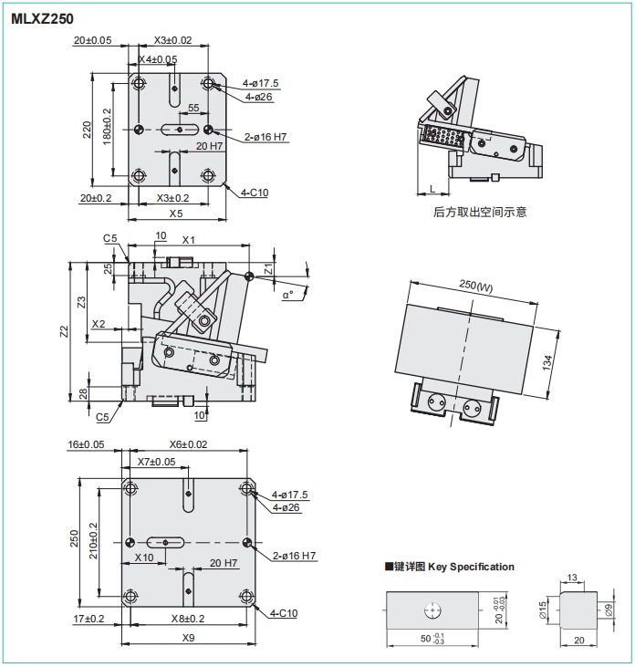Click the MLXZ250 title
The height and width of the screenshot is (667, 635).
click(42, 17)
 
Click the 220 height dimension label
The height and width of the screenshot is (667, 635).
click(88, 130)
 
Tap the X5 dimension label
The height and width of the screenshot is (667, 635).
click(176, 214)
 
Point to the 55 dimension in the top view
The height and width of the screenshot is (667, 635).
click(193, 109)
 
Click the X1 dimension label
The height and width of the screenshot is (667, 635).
click(189, 240)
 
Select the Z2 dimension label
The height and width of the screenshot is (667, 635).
click(63, 331)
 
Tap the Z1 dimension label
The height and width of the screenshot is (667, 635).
click(268, 269)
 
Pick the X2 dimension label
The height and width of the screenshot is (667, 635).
click(99, 324)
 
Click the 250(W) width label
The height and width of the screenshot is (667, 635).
click(475, 285)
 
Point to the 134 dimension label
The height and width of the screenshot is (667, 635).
click(547, 362)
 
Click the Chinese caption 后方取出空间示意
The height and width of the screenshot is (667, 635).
click(480, 213)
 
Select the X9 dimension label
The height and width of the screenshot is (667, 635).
click(189, 637)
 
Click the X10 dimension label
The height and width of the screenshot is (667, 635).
click(144, 557)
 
